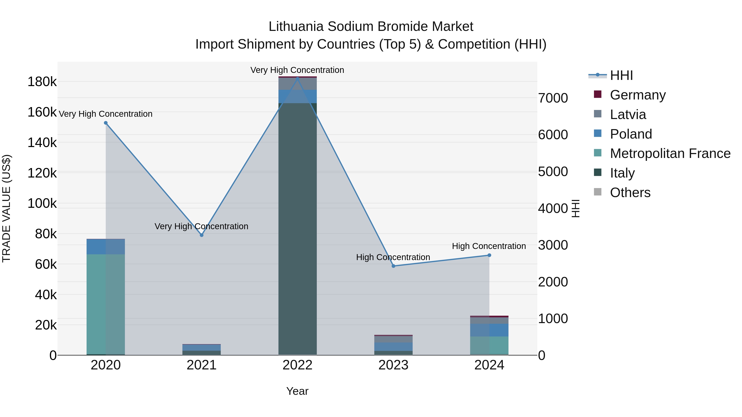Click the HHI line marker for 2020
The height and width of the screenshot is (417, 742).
coord(106,123)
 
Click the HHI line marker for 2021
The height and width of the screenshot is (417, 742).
coord(202,235)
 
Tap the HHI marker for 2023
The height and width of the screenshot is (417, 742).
coord(393,266)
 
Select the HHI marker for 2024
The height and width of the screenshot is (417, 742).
coord(489,255)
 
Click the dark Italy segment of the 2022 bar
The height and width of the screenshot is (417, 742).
coord(298,230)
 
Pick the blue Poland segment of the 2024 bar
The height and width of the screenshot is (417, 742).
coord(489,330)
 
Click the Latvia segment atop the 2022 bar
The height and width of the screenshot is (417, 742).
coord(298,84)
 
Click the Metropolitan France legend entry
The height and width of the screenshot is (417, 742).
coord(670,153)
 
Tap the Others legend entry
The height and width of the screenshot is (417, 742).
coord(630,193)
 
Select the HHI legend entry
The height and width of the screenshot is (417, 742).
coord(621,75)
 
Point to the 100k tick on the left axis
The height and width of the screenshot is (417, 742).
coord(42,203)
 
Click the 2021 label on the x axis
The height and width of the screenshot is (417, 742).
coord(202,365)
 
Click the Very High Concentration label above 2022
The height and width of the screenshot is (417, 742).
coord(297,70)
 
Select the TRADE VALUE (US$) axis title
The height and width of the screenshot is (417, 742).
coord(6,208)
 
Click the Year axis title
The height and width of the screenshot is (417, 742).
coord(297,391)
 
